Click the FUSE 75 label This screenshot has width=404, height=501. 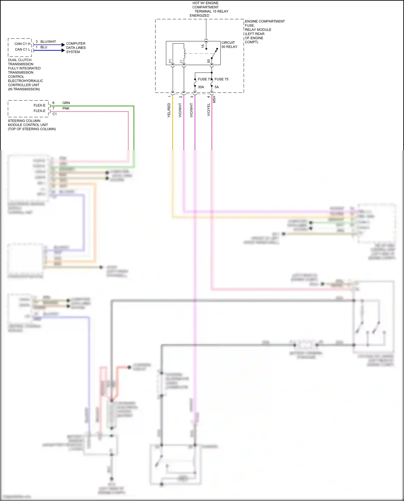pos(221,79)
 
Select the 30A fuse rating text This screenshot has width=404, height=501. pos(201,87)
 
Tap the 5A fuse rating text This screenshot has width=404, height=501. pos(217,87)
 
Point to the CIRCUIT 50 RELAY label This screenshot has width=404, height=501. pos(229,45)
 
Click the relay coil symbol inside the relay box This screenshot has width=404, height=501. pos(184,53)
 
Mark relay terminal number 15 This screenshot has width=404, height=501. pos(203,46)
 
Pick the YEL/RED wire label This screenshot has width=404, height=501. pos(169,110)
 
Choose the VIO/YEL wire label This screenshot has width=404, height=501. pos(208,110)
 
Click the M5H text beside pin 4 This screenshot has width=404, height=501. pos(214,99)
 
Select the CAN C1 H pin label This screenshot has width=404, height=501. pos(22,44)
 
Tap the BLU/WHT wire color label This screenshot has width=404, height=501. pos(48,42)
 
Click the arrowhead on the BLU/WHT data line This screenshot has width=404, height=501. pos(63,45)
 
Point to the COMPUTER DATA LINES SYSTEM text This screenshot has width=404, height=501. pos(76,48)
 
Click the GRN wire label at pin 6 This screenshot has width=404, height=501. pos(66,103)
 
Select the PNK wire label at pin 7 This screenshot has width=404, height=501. pos(66,108)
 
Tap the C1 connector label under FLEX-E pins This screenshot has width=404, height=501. pos(55,114)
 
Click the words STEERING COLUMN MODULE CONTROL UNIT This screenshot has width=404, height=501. pos(28,123)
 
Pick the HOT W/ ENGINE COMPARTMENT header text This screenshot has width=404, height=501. pos(206,5)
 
